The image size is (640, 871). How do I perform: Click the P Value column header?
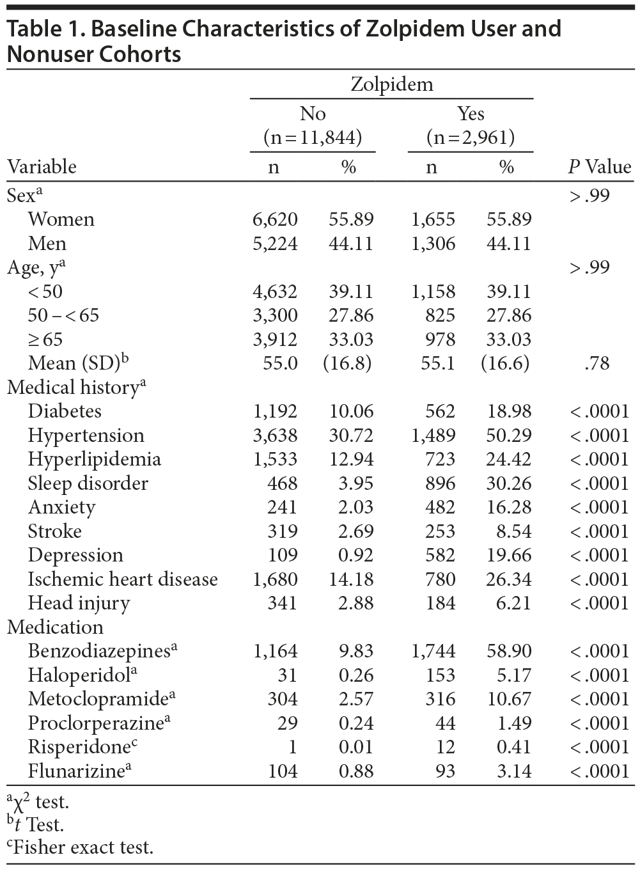[x=599, y=167]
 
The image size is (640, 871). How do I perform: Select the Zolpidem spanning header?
[x=391, y=84]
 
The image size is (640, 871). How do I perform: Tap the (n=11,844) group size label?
[x=313, y=137]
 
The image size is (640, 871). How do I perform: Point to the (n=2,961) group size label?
[x=471, y=137]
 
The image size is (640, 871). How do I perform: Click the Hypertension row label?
[x=86, y=435]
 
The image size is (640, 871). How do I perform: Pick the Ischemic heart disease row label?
[x=123, y=579]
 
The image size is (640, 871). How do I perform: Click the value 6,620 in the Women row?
[x=275, y=219]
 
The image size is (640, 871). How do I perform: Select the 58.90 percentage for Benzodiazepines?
[x=508, y=651]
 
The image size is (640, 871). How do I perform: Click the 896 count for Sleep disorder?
[x=441, y=483]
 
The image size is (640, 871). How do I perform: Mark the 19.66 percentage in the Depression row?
[x=508, y=555]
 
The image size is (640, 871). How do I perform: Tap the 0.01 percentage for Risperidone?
[x=356, y=747]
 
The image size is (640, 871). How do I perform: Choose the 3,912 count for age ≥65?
[x=275, y=340]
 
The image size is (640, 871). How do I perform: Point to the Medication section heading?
[x=55, y=627]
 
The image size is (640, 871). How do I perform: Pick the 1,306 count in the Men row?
[x=433, y=244]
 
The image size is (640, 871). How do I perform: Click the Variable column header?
[x=42, y=167]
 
